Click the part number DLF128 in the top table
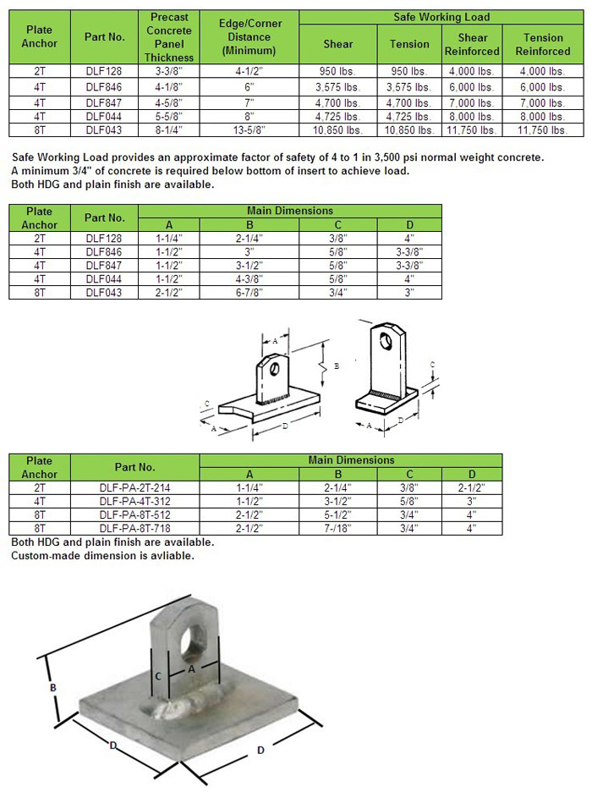(105, 71)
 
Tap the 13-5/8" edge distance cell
(249, 130)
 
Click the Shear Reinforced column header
(473, 44)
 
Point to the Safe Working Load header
(441, 17)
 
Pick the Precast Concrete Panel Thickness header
(170, 36)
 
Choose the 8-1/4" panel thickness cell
(170, 130)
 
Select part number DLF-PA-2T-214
(134, 487)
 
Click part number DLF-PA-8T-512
(134, 514)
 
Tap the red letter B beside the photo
(53, 689)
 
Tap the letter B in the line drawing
(337, 366)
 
